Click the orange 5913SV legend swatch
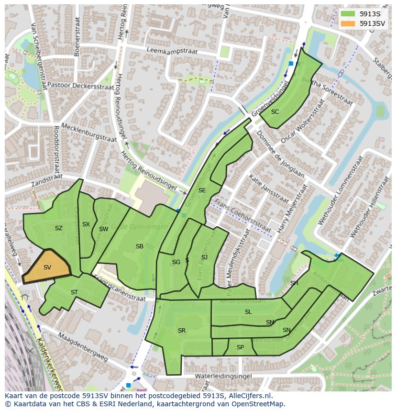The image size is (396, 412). (348, 23)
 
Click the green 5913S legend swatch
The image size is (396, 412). (348, 14)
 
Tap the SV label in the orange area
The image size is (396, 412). (47, 267)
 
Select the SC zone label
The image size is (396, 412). (275, 112)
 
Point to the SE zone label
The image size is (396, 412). (202, 190)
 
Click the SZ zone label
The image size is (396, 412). (58, 228)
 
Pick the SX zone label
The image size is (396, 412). (86, 224)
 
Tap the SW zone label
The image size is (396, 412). (103, 229)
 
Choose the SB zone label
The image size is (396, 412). (139, 246)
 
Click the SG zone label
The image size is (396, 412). (176, 262)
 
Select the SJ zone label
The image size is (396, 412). (204, 257)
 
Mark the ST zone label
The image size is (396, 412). (74, 292)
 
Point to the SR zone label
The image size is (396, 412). (182, 331)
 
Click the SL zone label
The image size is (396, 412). (248, 312)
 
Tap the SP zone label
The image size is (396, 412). (240, 347)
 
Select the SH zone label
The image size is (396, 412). (294, 283)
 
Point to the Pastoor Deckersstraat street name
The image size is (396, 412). (84, 86)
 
